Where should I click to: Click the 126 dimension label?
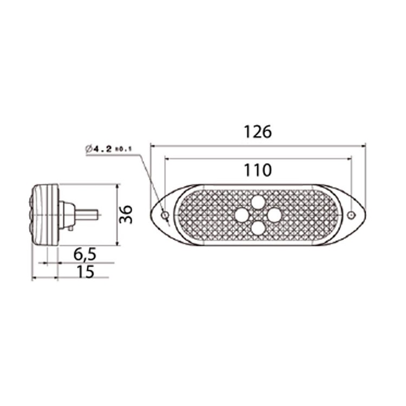click(x=257, y=132)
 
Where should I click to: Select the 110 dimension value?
click(x=257, y=171)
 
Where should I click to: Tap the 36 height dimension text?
click(x=126, y=214)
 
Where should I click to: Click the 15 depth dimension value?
click(x=85, y=271)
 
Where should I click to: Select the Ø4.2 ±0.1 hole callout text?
click(x=109, y=148)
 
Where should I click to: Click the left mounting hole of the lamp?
click(x=165, y=215)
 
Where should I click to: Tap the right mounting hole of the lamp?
click(x=351, y=215)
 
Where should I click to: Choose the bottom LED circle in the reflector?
click(x=258, y=228)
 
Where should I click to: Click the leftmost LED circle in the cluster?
click(x=241, y=215)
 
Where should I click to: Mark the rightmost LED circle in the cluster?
click(x=274, y=215)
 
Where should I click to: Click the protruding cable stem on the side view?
click(x=87, y=214)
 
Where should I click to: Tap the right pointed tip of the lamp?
click(x=364, y=214)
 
